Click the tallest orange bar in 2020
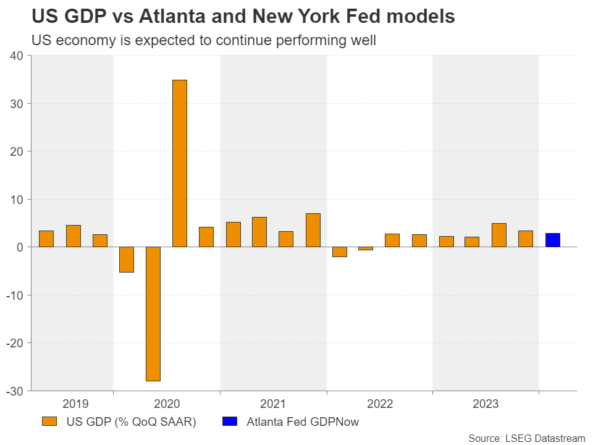click(179, 163)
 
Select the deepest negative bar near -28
click(153, 313)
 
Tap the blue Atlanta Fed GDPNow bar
click(552, 240)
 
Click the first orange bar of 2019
click(46, 239)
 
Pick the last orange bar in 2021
click(313, 230)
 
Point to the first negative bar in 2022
click(340, 252)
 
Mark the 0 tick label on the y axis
click(20, 247)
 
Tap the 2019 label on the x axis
click(75, 404)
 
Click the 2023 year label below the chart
click(486, 404)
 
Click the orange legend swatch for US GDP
click(50, 422)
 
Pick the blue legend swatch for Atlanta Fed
click(229, 422)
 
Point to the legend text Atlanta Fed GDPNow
click(303, 423)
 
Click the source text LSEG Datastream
click(544, 438)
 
